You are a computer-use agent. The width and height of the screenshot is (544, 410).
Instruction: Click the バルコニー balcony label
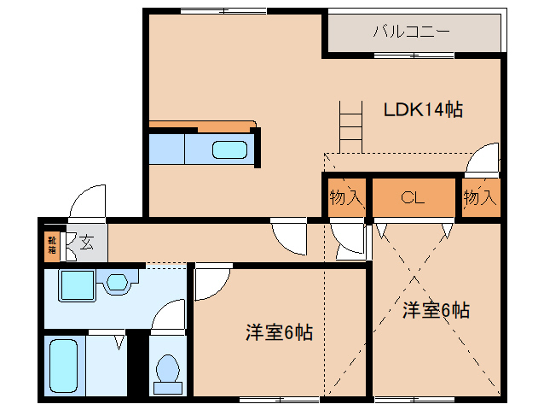tap(412, 32)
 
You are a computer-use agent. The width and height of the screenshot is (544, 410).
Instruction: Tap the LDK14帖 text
tap(423, 110)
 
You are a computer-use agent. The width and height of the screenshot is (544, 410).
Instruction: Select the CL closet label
tap(413, 197)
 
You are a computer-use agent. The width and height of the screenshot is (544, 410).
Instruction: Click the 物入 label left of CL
tap(346, 197)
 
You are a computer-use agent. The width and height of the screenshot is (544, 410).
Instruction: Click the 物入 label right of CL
tap(480, 197)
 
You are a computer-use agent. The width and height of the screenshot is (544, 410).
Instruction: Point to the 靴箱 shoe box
tap(52, 244)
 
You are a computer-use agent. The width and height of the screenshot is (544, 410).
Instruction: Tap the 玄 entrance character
tap(86, 243)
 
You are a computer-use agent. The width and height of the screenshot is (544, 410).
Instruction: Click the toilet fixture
tap(168, 374)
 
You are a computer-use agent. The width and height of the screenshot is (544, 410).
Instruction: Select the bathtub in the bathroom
tap(63, 366)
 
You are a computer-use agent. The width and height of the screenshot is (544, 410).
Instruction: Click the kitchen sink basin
tap(229, 149)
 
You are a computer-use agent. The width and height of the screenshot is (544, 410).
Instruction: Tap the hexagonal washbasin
tap(118, 282)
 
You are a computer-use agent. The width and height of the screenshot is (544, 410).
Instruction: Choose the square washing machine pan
tap(78, 285)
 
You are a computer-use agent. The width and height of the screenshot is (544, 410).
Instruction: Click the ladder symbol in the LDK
tap(350, 126)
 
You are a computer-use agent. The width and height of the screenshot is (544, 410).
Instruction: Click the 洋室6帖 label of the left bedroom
tap(279, 332)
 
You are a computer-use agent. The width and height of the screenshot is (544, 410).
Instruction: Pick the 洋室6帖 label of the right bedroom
tap(436, 310)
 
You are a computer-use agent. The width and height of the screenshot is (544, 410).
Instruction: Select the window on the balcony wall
tap(414, 56)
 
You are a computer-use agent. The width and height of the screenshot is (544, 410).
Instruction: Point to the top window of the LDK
tap(223, 11)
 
